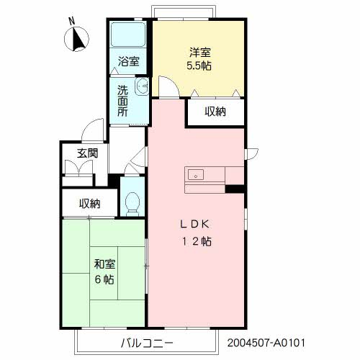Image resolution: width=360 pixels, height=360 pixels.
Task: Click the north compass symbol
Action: pos(76,39)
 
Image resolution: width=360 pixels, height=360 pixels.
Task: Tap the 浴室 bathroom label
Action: pos(129,61)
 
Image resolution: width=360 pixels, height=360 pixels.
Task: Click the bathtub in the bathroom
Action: pos(128,35)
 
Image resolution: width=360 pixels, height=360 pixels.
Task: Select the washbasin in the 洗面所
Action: pos(142,86)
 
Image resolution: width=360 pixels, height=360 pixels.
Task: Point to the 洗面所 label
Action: pos(122,101)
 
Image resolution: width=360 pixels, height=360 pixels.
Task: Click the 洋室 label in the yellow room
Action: pos(200,53)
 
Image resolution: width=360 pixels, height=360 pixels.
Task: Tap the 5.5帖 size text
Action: pos(199,66)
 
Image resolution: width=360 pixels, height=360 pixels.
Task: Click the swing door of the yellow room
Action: pos(169,86)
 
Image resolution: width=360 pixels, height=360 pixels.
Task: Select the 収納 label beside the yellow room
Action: pos(215,112)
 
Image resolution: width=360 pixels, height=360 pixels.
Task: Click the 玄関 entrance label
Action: pos(88,153)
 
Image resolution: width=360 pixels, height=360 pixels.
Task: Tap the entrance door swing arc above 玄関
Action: pos(92,130)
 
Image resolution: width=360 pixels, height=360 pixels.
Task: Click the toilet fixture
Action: pos(132,203)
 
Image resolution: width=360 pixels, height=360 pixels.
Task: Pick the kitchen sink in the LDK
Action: pos(196,174)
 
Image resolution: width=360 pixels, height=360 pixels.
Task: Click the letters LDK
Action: pos(194,225)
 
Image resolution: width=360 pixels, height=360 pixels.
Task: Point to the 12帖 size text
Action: pos(197,241)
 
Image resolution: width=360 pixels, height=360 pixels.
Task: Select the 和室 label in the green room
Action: pos(104,264)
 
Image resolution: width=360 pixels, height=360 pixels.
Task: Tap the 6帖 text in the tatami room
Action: pos(104,279)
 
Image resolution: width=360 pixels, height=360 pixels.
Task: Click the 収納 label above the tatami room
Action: pos(90,204)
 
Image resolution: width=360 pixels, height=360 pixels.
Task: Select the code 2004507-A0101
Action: pos(266,343)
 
